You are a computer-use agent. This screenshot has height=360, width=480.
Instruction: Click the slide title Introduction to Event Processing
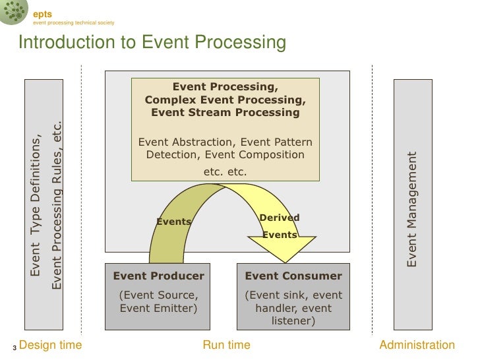152,43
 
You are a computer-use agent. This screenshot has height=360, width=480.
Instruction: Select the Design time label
51,345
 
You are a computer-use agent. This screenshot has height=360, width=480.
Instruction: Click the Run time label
226,345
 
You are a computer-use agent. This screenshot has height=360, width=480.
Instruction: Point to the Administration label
417,345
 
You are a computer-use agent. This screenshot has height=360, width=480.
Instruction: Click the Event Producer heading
159,276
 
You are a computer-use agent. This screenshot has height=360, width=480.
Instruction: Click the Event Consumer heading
293,276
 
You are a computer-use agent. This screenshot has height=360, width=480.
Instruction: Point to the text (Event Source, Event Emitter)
158,301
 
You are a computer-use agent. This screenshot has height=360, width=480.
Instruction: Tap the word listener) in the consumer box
293,321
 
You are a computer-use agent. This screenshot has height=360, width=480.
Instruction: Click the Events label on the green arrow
173,222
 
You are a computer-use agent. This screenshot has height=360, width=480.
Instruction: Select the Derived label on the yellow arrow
280,218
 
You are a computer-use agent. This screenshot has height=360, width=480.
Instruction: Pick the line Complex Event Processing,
225,100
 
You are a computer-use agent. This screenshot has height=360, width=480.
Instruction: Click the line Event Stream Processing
225,112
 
